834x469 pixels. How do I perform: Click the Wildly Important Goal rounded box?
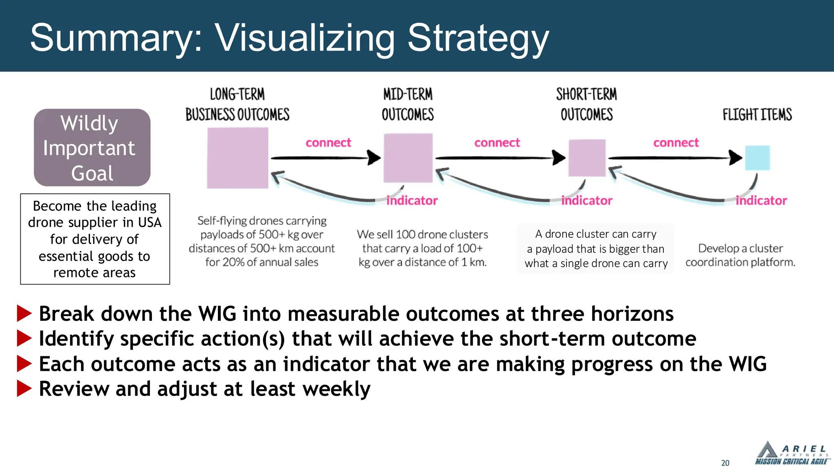[92, 147]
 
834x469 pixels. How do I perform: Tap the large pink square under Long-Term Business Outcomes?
[237, 158]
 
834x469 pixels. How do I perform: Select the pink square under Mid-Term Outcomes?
[408, 158]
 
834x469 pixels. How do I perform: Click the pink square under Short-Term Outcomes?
[587, 158]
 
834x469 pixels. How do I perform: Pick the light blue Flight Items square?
[757, 158]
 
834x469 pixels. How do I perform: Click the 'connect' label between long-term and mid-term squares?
[328, 142]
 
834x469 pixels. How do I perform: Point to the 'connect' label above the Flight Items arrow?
[676, 142]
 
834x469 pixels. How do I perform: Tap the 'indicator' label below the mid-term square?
[412, 200]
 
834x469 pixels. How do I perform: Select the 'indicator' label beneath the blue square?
[761, 200]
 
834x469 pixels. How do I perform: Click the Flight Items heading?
[757, 114]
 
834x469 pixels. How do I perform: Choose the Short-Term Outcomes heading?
[586, 104]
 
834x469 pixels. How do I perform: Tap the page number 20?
[725, 463]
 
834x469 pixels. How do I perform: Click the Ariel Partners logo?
[791, 454]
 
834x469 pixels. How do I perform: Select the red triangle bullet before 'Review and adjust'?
[24, 389]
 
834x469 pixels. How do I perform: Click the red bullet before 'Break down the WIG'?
[24, 313]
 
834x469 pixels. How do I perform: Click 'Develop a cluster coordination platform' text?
[740, 255]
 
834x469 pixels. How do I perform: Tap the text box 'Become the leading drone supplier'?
[95, 239]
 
